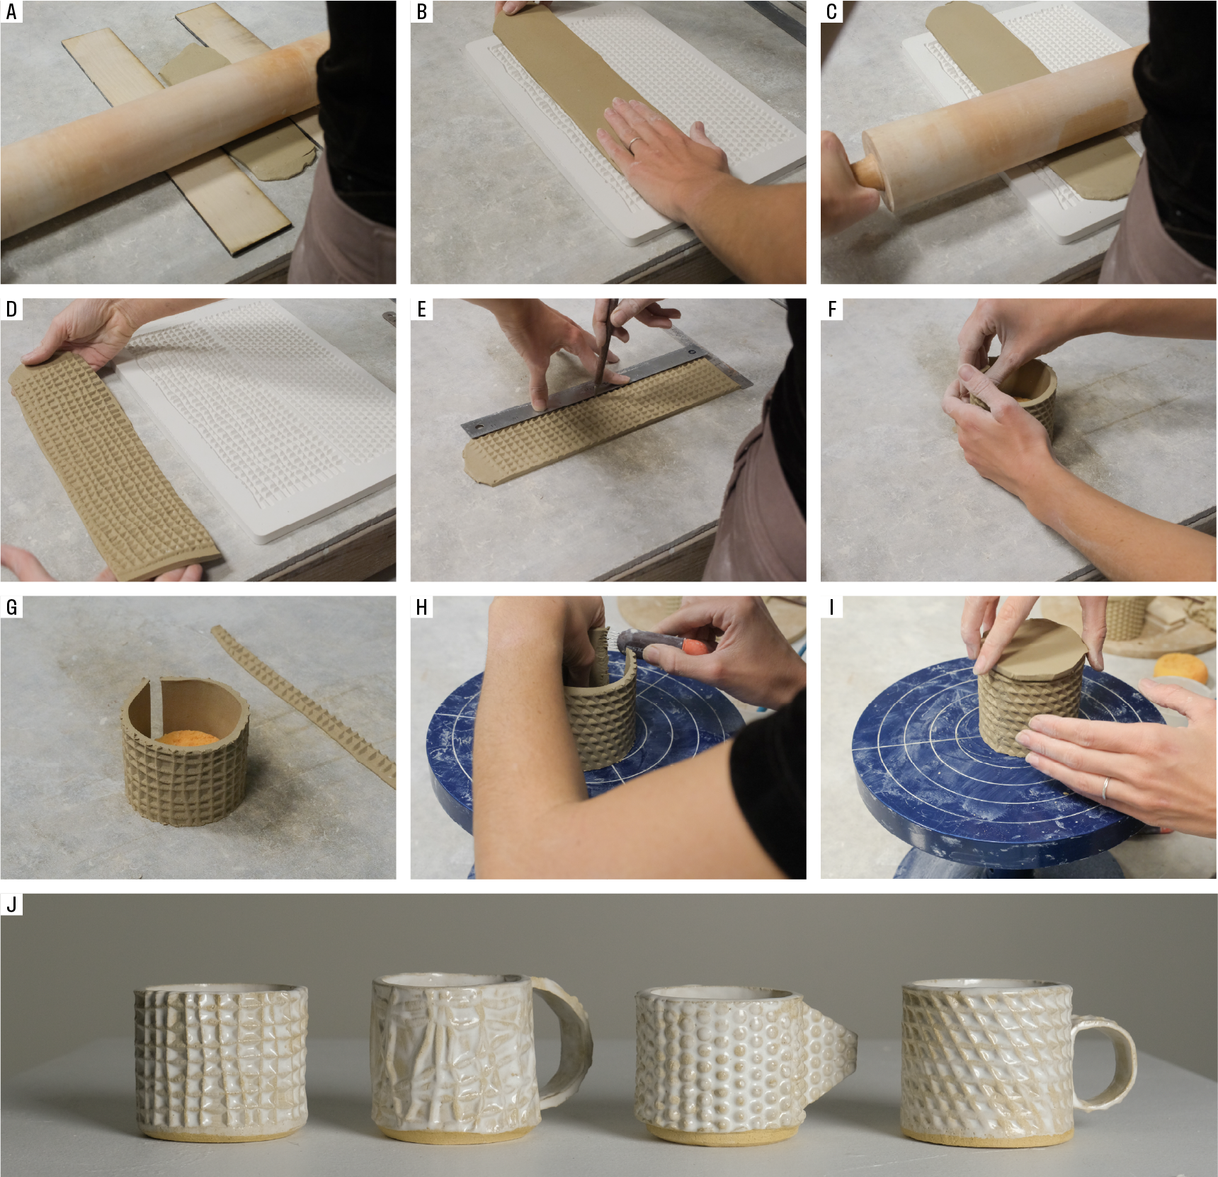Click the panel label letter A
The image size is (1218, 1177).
pos(11,12)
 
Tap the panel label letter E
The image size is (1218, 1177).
pos(422,309)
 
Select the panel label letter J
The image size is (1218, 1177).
pos(11,904)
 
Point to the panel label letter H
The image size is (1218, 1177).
pos(422,608)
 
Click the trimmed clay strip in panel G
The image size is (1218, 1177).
pos(303,705)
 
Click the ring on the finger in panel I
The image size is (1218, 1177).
pos(1105,787)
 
